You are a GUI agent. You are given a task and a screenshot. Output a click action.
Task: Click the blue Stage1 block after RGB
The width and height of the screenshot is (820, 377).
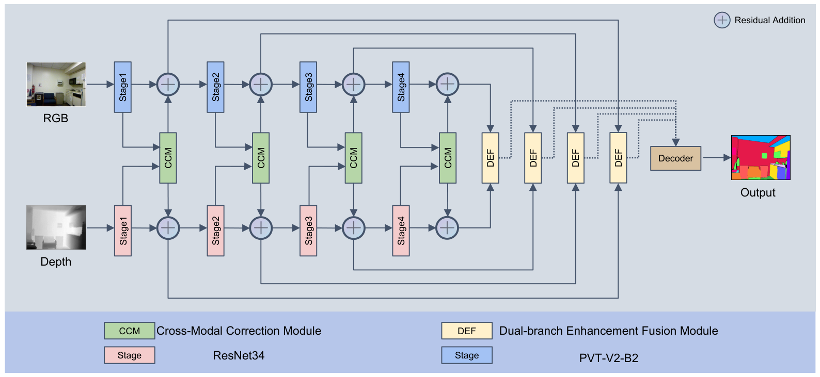122,87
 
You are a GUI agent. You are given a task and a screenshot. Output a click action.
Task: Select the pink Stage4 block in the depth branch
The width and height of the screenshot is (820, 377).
401,231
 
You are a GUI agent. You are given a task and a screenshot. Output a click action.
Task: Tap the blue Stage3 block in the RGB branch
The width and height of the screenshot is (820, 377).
308,87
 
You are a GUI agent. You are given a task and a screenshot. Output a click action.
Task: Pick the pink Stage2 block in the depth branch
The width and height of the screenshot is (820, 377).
216,231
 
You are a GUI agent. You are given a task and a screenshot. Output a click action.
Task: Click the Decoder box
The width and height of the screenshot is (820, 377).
676,158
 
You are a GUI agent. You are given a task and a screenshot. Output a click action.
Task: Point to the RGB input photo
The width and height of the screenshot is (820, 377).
56,84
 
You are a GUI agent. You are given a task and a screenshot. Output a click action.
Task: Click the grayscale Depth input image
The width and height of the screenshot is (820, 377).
56,227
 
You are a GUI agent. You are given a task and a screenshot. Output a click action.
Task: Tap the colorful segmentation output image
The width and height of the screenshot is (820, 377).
761,158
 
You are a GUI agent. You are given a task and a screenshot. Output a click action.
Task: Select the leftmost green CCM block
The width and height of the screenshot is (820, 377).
168,158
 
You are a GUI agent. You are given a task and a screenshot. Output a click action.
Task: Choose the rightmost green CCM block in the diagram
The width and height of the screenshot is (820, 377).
448,158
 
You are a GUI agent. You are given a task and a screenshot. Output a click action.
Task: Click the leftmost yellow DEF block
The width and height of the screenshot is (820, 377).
490,158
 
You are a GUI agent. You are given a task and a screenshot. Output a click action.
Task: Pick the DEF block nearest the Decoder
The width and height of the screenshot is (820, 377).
618,158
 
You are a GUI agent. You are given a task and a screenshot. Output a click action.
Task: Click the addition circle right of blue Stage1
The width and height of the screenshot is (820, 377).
168,85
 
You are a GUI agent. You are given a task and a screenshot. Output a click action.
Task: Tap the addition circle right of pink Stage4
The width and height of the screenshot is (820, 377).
447,228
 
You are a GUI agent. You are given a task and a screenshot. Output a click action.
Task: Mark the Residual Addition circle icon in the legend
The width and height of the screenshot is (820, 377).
722,20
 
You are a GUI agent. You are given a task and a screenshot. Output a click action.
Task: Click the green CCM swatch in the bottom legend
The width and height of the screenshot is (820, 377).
130,331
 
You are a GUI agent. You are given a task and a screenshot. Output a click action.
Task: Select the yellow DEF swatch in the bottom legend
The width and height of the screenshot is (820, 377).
467,331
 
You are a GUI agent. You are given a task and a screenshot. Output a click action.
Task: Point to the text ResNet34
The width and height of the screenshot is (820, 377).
239,355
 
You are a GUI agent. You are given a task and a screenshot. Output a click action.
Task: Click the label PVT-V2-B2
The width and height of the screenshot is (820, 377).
608,358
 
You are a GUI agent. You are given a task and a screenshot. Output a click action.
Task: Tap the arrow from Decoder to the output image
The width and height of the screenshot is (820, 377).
716,158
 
